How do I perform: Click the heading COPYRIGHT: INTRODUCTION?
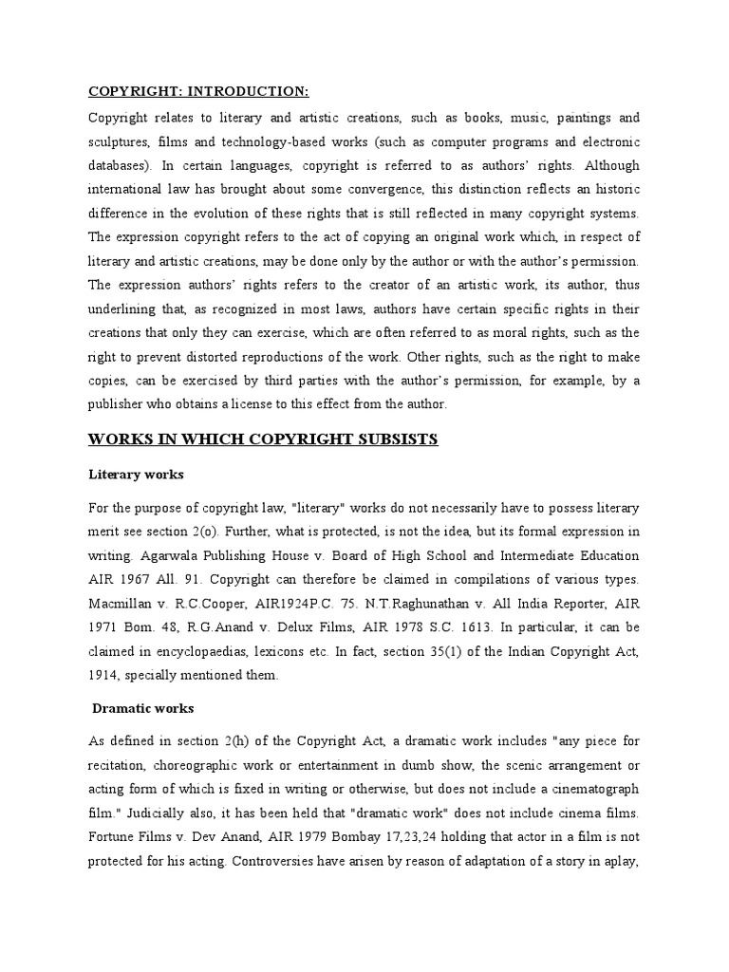[198, 91]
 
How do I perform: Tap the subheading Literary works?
[136, 473]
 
